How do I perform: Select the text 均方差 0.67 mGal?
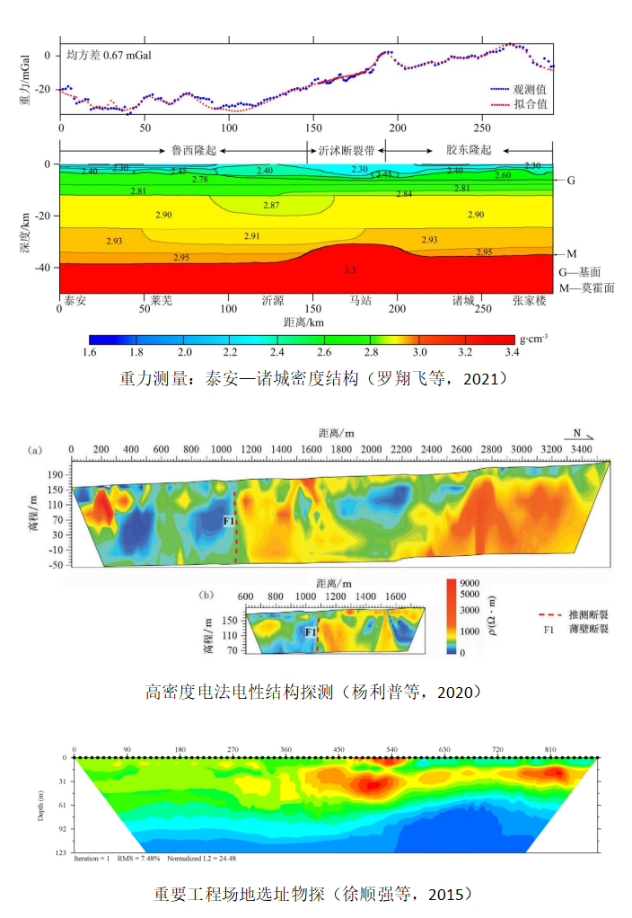[x=109, y=55]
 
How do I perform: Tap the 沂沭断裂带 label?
[x=347, y=150]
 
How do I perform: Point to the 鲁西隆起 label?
[x=193, y=150]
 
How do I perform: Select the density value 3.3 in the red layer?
[x=350, y=269]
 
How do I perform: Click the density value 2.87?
[x=271, y=207]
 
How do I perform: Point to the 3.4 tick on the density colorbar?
[x=513, y=351]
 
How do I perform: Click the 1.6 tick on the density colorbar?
[x=90, y=351]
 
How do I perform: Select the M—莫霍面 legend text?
[x=588, y=287]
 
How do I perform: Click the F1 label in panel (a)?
[x=228, y=519]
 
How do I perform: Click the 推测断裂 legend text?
[x=589, y=614]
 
